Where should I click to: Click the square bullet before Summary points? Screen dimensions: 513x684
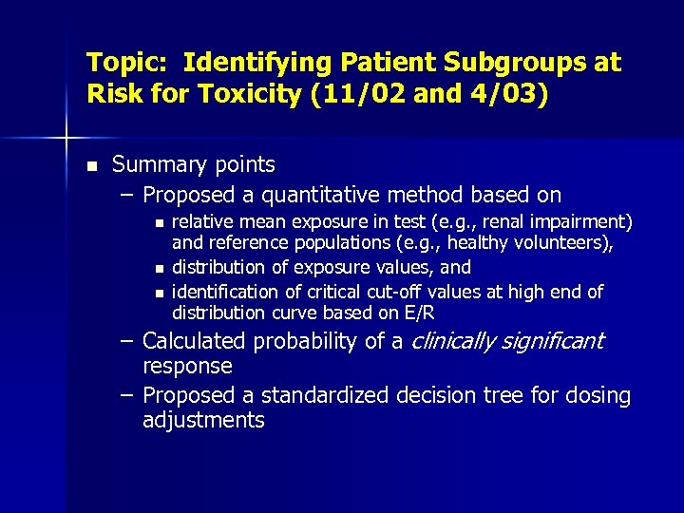[91, 166]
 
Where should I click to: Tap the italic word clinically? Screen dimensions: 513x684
[458, 341]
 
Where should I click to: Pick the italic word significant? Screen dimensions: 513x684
[558, 341]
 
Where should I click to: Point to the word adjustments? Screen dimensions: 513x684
[203, 420]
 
